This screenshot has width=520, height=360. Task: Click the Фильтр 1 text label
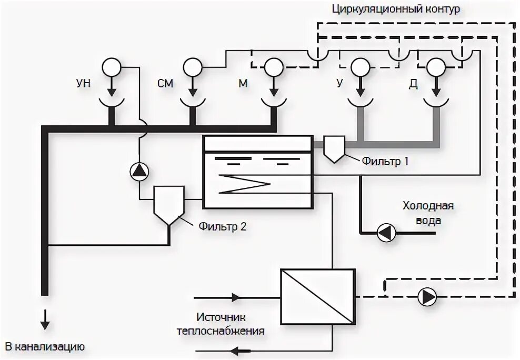coord(385,162)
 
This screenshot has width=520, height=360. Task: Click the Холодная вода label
coord(428,213)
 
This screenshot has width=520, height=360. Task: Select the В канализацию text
coord(45,347)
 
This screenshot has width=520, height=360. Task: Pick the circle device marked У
coord(360,67)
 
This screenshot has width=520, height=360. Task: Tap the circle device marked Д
coord(435,67)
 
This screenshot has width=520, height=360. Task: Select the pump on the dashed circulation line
coord(427,297)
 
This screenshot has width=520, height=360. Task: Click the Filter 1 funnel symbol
coord(334,148)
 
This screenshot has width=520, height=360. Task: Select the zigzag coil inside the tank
coord(244,184)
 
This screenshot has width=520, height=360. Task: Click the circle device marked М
coord(273,67)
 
